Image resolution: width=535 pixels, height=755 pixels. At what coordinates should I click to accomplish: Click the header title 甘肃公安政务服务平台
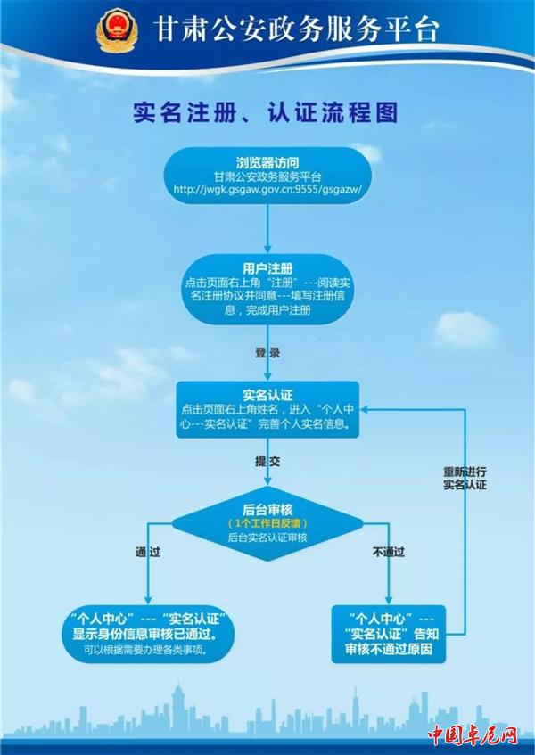click(x=295, y=29)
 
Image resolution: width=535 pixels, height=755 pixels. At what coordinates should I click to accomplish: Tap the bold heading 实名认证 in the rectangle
click(x=267, y=394)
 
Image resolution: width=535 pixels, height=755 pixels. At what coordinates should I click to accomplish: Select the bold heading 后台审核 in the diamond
click(x=267, y=507)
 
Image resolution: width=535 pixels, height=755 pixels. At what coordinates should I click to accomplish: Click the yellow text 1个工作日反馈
click(x=267, y=523)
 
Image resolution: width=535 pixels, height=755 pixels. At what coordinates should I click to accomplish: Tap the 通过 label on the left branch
click(x=147, y=553)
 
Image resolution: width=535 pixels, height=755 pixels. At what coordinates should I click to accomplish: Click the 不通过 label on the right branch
click(x=389, y=553)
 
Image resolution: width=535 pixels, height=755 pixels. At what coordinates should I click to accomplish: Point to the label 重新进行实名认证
click(x=465, y=477)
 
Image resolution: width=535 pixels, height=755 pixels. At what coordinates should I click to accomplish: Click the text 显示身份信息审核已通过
click(x=146, y=634)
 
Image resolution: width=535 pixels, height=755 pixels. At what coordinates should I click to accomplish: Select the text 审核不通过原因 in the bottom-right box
click(x=389, y=650)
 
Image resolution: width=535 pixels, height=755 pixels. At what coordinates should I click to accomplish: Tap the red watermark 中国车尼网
click(x=472, y=735)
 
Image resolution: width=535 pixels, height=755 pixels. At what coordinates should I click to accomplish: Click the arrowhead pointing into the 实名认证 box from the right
click(x=366, y=409)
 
